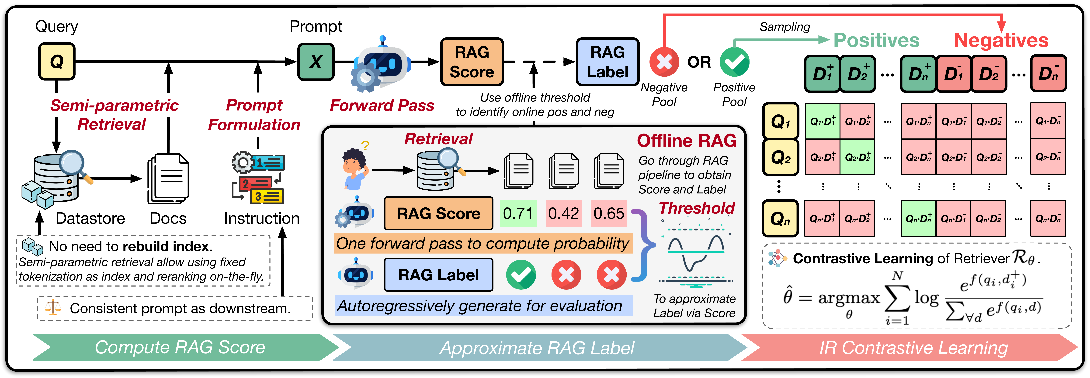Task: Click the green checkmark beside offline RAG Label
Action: [x=521, y=275]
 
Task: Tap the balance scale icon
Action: [x=53, y=308]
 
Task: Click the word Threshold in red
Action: [x=697, y=208]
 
